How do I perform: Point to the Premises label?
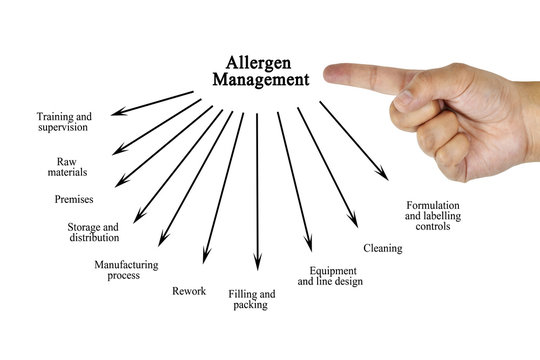coord(74,199)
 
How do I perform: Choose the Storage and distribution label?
coord(93,232)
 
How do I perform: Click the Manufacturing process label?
coord(125,270)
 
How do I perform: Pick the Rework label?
coord(189,291)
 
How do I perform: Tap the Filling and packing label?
coord(251,299)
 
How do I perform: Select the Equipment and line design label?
coord(329,276)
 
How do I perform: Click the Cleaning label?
coord(382,248)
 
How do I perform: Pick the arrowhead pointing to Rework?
coord(205,259)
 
